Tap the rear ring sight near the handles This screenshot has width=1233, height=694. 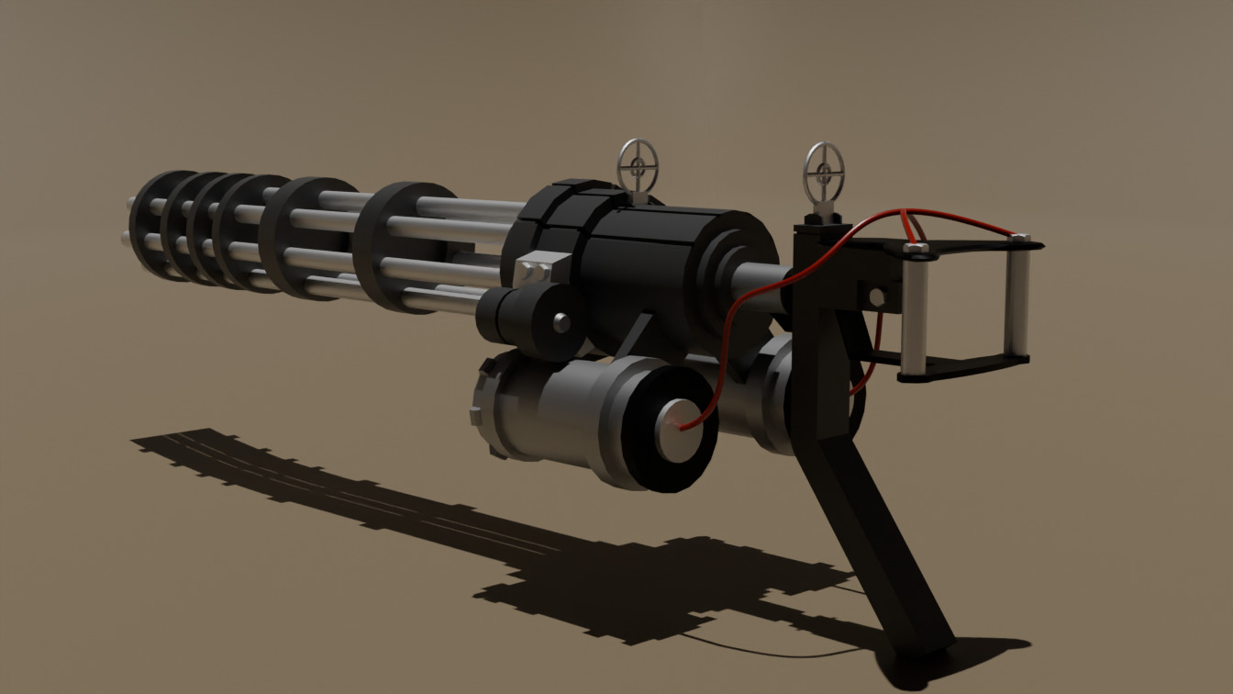click(824, 171)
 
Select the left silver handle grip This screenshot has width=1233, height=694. click(915, 308)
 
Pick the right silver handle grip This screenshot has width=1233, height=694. click(1017, 296)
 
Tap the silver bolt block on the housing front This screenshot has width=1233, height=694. click(533, 271)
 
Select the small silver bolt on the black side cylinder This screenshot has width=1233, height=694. click(561, 322)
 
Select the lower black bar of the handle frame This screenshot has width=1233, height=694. click(963, 367)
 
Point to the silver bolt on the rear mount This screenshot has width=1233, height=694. click(877, 297)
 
